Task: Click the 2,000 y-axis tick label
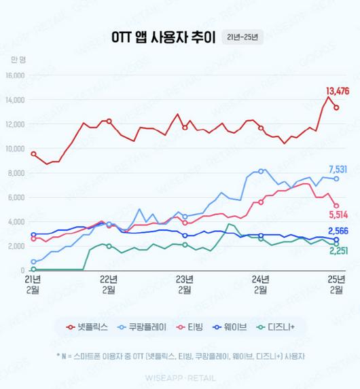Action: coord(17,246)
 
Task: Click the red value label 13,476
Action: coord(338,92)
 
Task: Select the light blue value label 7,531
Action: coord(338,169)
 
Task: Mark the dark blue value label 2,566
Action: coord(338,231)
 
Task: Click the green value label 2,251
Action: coord(338,251)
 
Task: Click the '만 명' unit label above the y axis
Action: coord(18,60)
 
